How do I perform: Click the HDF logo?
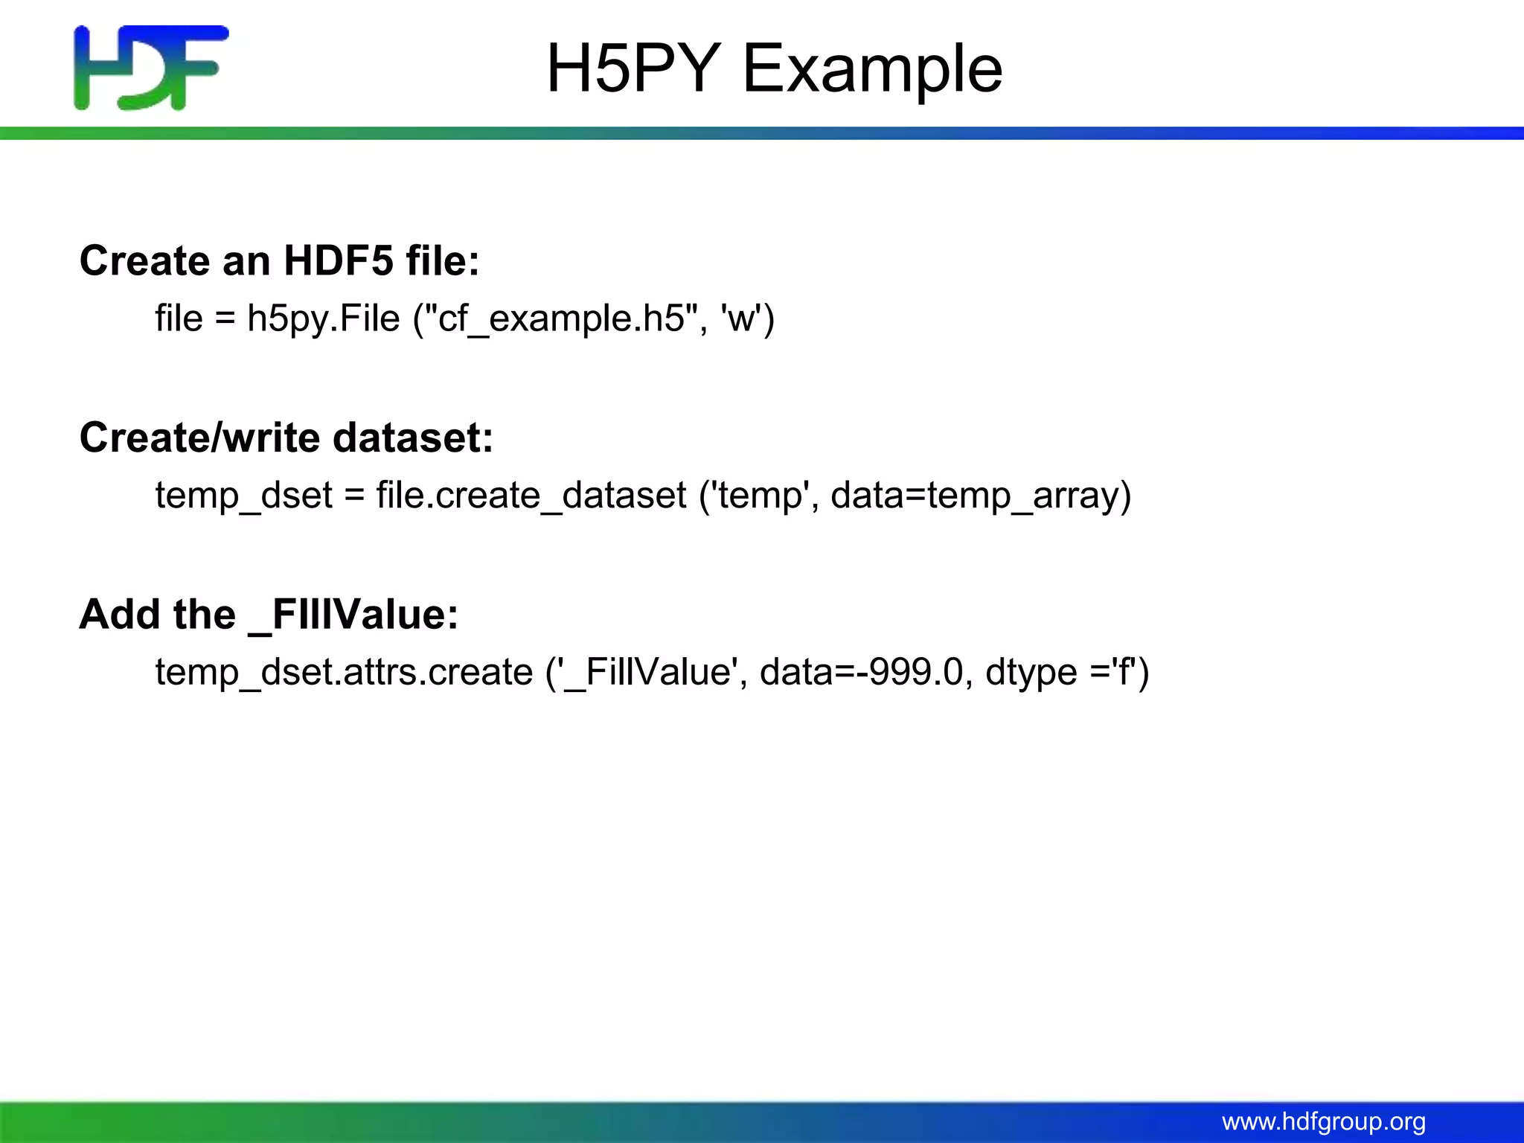point(151,68)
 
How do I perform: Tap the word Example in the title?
point(872,68)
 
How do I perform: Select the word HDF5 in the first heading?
point(339,260)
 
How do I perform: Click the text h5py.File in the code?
point(324,318)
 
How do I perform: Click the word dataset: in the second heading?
point(413,438)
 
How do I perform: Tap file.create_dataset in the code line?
point(531,496)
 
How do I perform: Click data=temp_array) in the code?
point(981,496)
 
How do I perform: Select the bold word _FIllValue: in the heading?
point(353,615)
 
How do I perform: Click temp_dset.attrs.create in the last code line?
point(344,673)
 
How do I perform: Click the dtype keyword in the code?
point(1031,673)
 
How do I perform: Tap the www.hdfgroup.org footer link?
point(1324,1121)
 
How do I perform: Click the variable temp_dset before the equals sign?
point(244,496)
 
